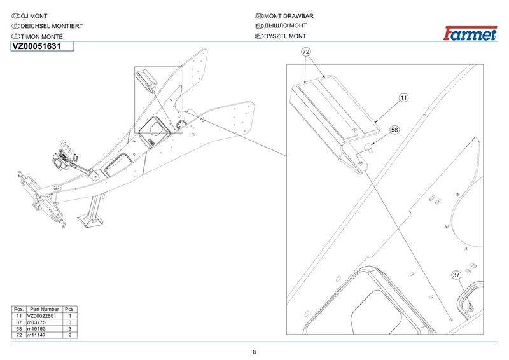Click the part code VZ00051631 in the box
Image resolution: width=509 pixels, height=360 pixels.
36,46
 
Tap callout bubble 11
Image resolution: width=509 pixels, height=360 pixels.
403,98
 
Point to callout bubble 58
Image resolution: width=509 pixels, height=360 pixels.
394,130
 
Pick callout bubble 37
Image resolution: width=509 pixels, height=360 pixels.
456,275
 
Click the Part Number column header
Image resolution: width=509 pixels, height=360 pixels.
44,309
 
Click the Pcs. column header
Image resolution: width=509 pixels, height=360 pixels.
69,309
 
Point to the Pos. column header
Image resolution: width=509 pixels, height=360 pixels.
19,309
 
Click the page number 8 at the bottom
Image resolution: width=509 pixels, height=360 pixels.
254,352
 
